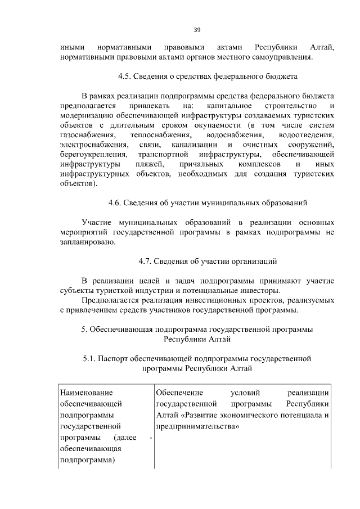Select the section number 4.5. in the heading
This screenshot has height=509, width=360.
[127, 75]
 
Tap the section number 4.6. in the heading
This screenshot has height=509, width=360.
[116, 202]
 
